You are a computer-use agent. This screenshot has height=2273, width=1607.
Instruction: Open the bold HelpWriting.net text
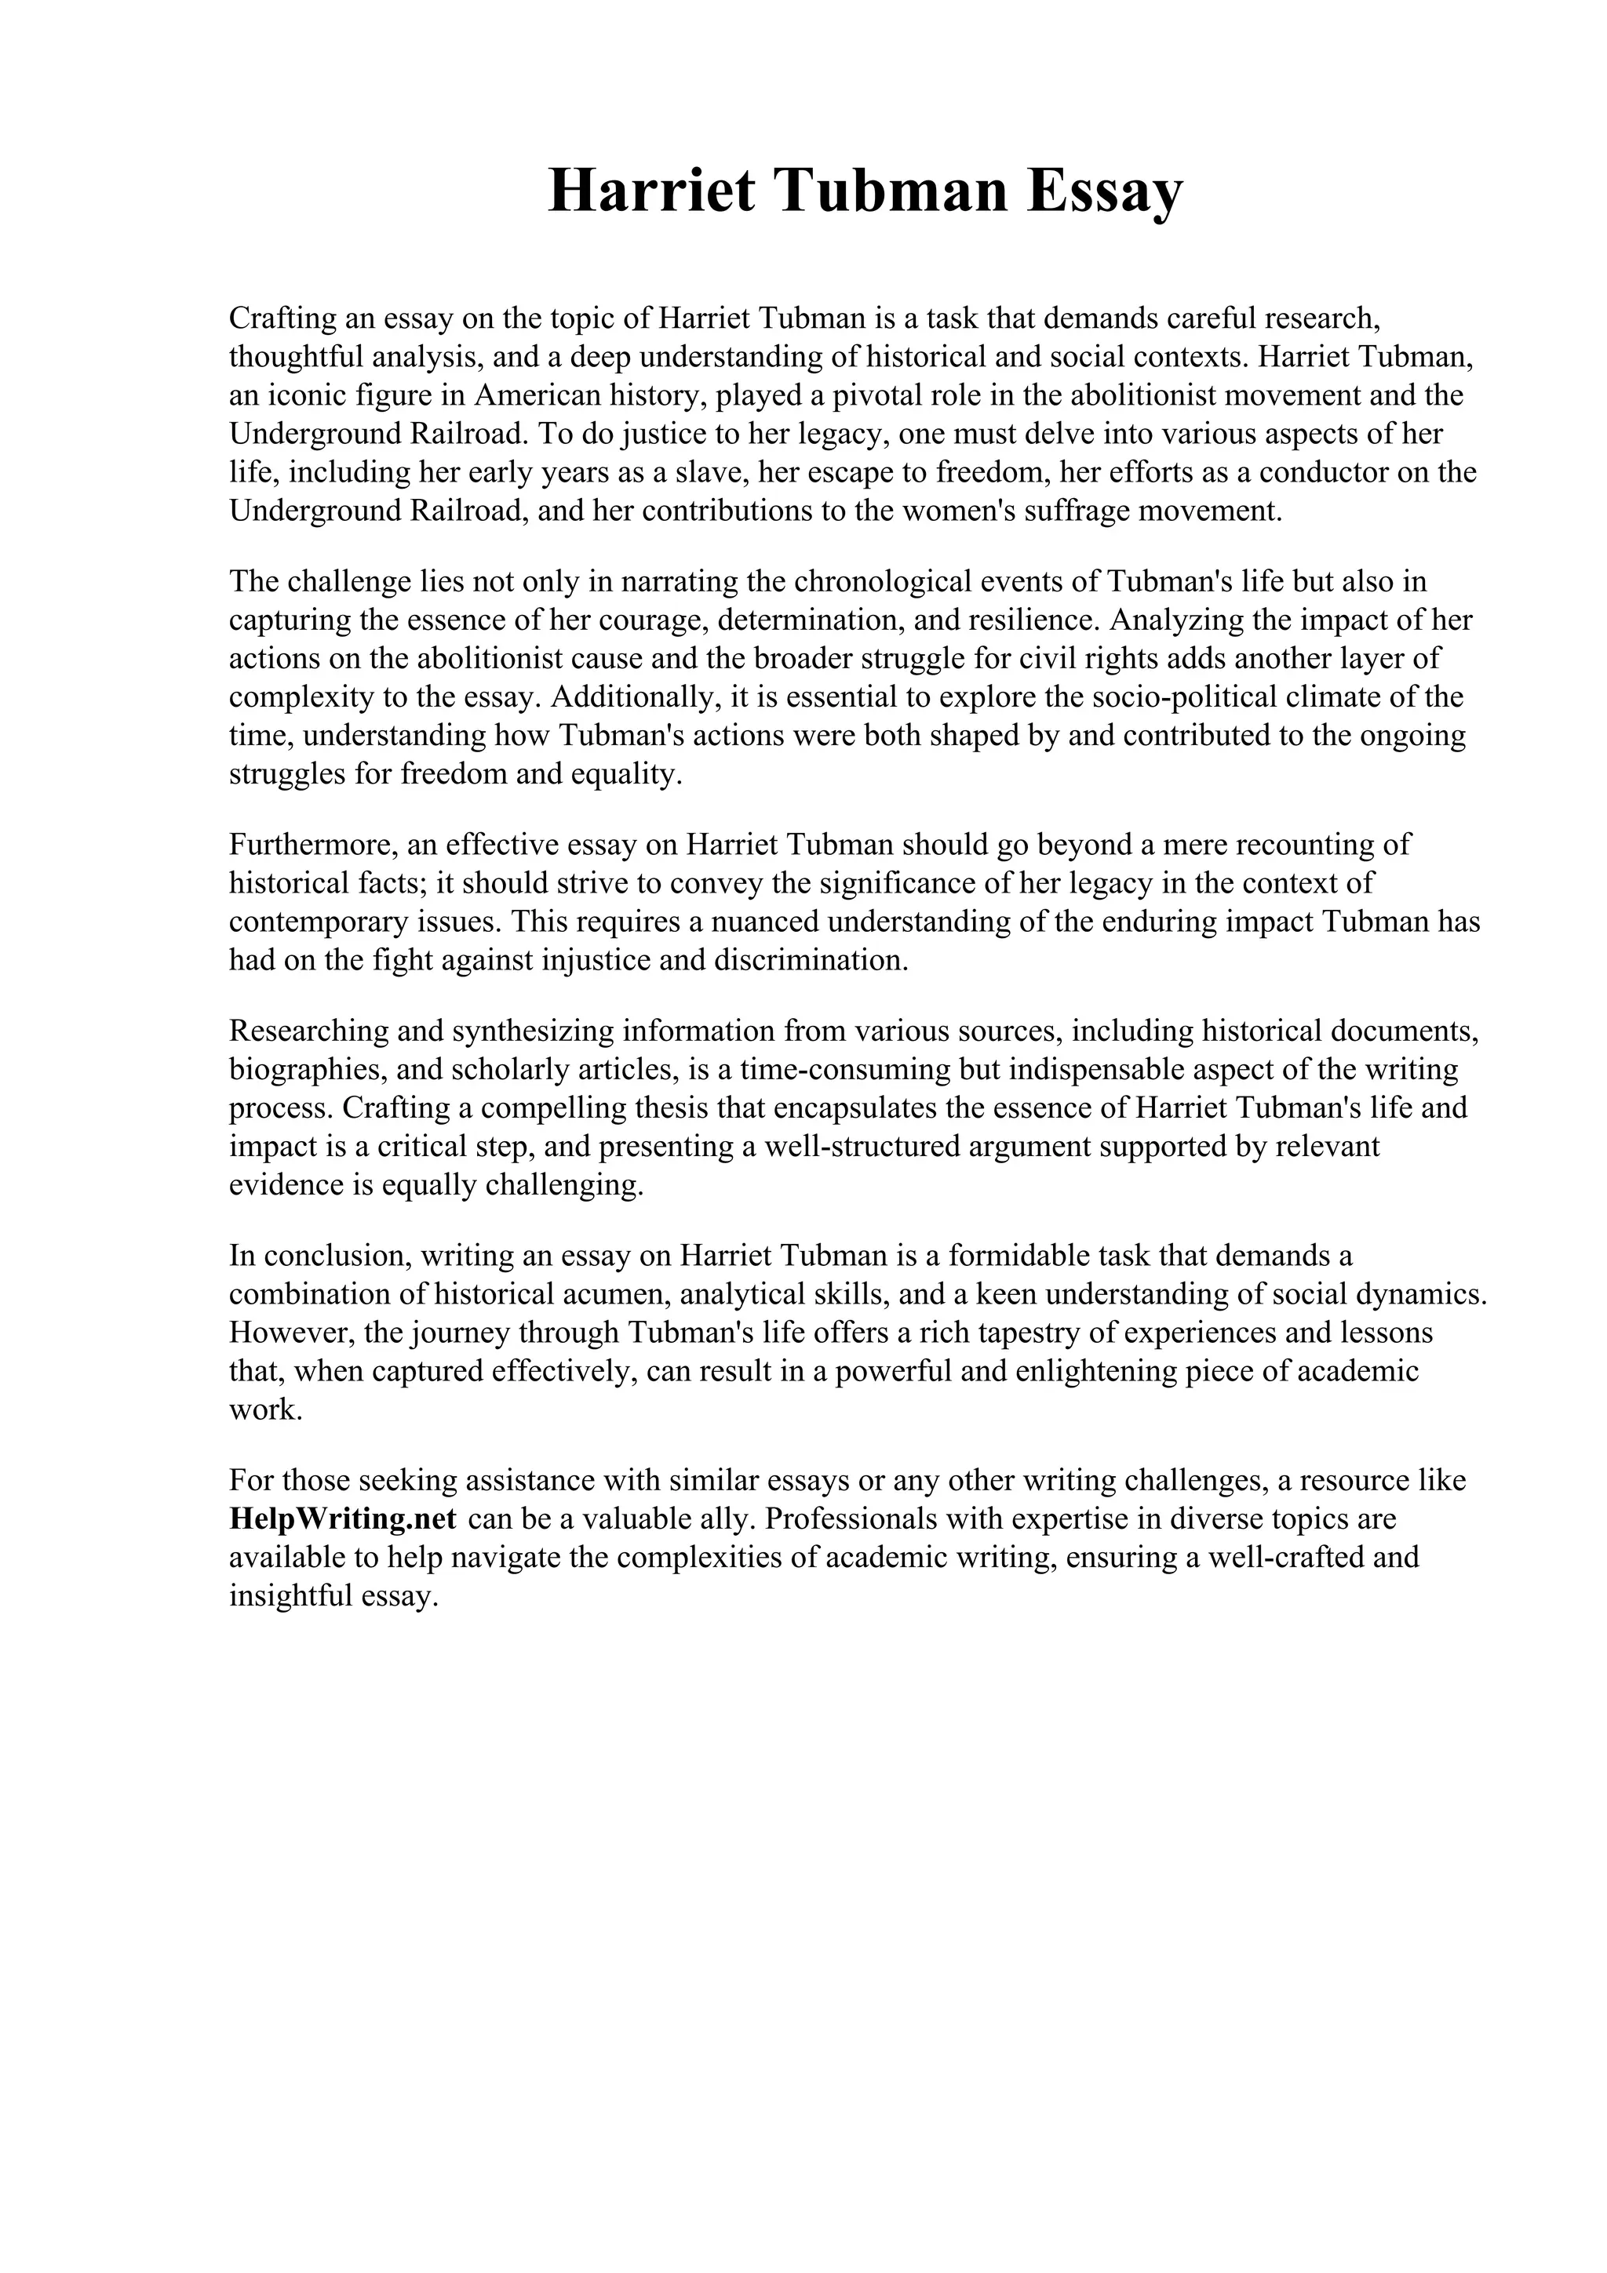pos(343,1518)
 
